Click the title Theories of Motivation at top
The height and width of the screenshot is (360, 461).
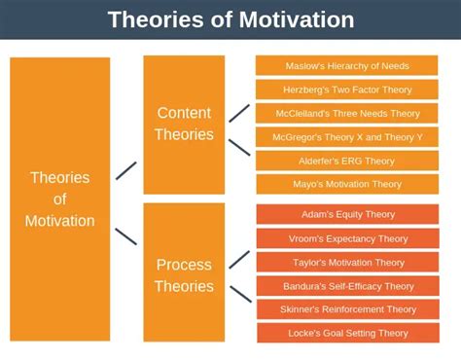tap(230, 19)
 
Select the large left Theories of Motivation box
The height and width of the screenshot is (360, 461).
tap(60, 199)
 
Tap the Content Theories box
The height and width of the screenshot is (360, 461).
tap(184, 124)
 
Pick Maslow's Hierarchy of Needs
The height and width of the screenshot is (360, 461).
tap(347, 66)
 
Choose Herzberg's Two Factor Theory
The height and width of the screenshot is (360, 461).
tap(347, 90)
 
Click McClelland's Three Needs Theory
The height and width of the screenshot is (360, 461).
tap(347, 113)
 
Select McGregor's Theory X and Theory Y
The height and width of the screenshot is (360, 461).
tap(347, 137)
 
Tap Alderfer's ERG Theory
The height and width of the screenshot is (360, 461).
tap(347, 161)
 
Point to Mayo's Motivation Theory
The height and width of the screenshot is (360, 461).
tap(347, 184)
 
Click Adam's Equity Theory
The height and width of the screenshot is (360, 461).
tap(347, 214)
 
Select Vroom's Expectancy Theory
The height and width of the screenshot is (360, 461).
tap(347, 238)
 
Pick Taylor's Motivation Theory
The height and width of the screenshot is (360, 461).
tap(347, 262)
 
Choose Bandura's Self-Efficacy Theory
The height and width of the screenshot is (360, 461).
tap(347, 286)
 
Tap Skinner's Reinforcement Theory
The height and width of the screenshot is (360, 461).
tap(347, 309)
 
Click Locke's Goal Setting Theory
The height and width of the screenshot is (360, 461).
tap(347, 333)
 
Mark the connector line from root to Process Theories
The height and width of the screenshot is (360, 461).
tap(126, 235)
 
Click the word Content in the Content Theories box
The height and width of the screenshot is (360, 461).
tap(184, 113)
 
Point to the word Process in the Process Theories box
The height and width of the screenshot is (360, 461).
tap(184, 264)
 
